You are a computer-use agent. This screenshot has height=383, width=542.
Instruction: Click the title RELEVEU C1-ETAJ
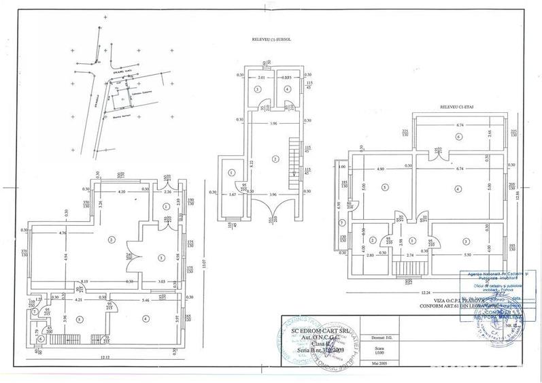[454, 107]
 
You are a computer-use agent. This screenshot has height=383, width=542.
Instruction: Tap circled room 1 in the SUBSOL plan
[232, 173]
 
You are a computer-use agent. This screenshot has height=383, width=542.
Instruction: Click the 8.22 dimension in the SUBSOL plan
[252, 163]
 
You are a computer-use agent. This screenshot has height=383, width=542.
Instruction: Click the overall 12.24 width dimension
[426, 293]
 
